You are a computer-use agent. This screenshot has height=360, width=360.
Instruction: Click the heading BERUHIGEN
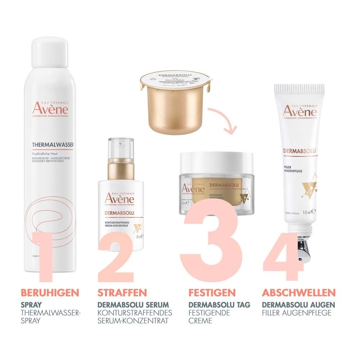50,292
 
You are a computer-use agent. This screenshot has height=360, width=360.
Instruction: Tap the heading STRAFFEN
122,292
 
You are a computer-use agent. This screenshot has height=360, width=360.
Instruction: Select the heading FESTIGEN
212,292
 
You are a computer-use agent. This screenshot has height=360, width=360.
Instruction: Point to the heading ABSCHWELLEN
299,292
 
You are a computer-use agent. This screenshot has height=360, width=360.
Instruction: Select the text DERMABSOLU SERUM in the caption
133,305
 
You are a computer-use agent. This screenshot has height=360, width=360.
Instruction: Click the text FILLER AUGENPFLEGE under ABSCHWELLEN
297,312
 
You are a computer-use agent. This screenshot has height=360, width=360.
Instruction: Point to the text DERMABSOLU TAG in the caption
219,305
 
